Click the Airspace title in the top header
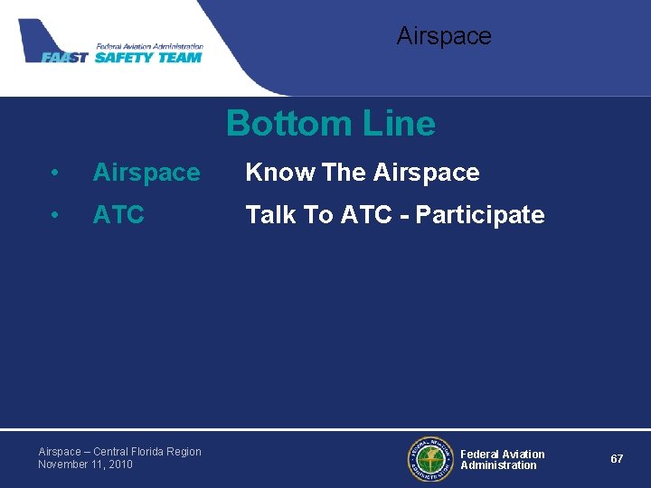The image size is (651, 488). (443, 36)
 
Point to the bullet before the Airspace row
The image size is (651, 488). (55, 173)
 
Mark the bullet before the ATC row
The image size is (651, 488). (55, 215)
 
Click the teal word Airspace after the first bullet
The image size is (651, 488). (146, 173)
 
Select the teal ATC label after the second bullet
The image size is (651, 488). (118, 215)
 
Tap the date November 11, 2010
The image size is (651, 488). (85, 465)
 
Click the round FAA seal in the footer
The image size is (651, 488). (429, 459)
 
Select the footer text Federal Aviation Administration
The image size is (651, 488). (502, 460)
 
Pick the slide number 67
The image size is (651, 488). (617, 459)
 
